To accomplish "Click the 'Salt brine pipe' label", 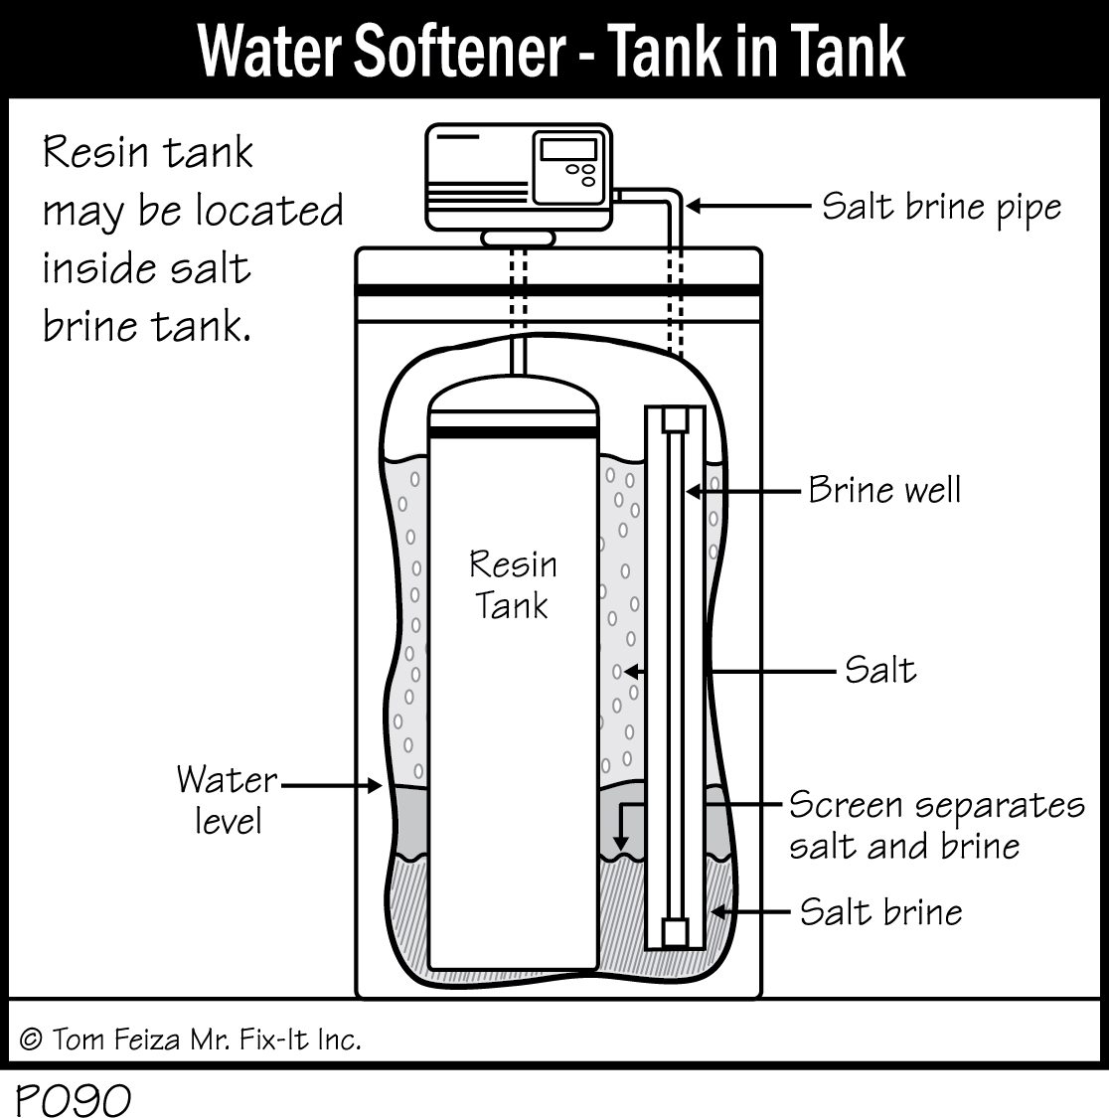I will [941, 208].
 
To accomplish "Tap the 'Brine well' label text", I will [883, 490].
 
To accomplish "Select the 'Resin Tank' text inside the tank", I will [512, 584].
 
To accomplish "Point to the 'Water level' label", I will [227, 800].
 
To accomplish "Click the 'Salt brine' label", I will [880, 912].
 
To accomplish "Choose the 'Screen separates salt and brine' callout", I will [935, 825].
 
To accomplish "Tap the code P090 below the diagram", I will [73, 1099].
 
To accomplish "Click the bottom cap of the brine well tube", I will [676, 932].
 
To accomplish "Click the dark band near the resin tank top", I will [513, 431].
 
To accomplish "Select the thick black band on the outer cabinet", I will [558, 289].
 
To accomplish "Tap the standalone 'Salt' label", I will [879, 670].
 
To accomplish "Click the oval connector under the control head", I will [518, 239].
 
